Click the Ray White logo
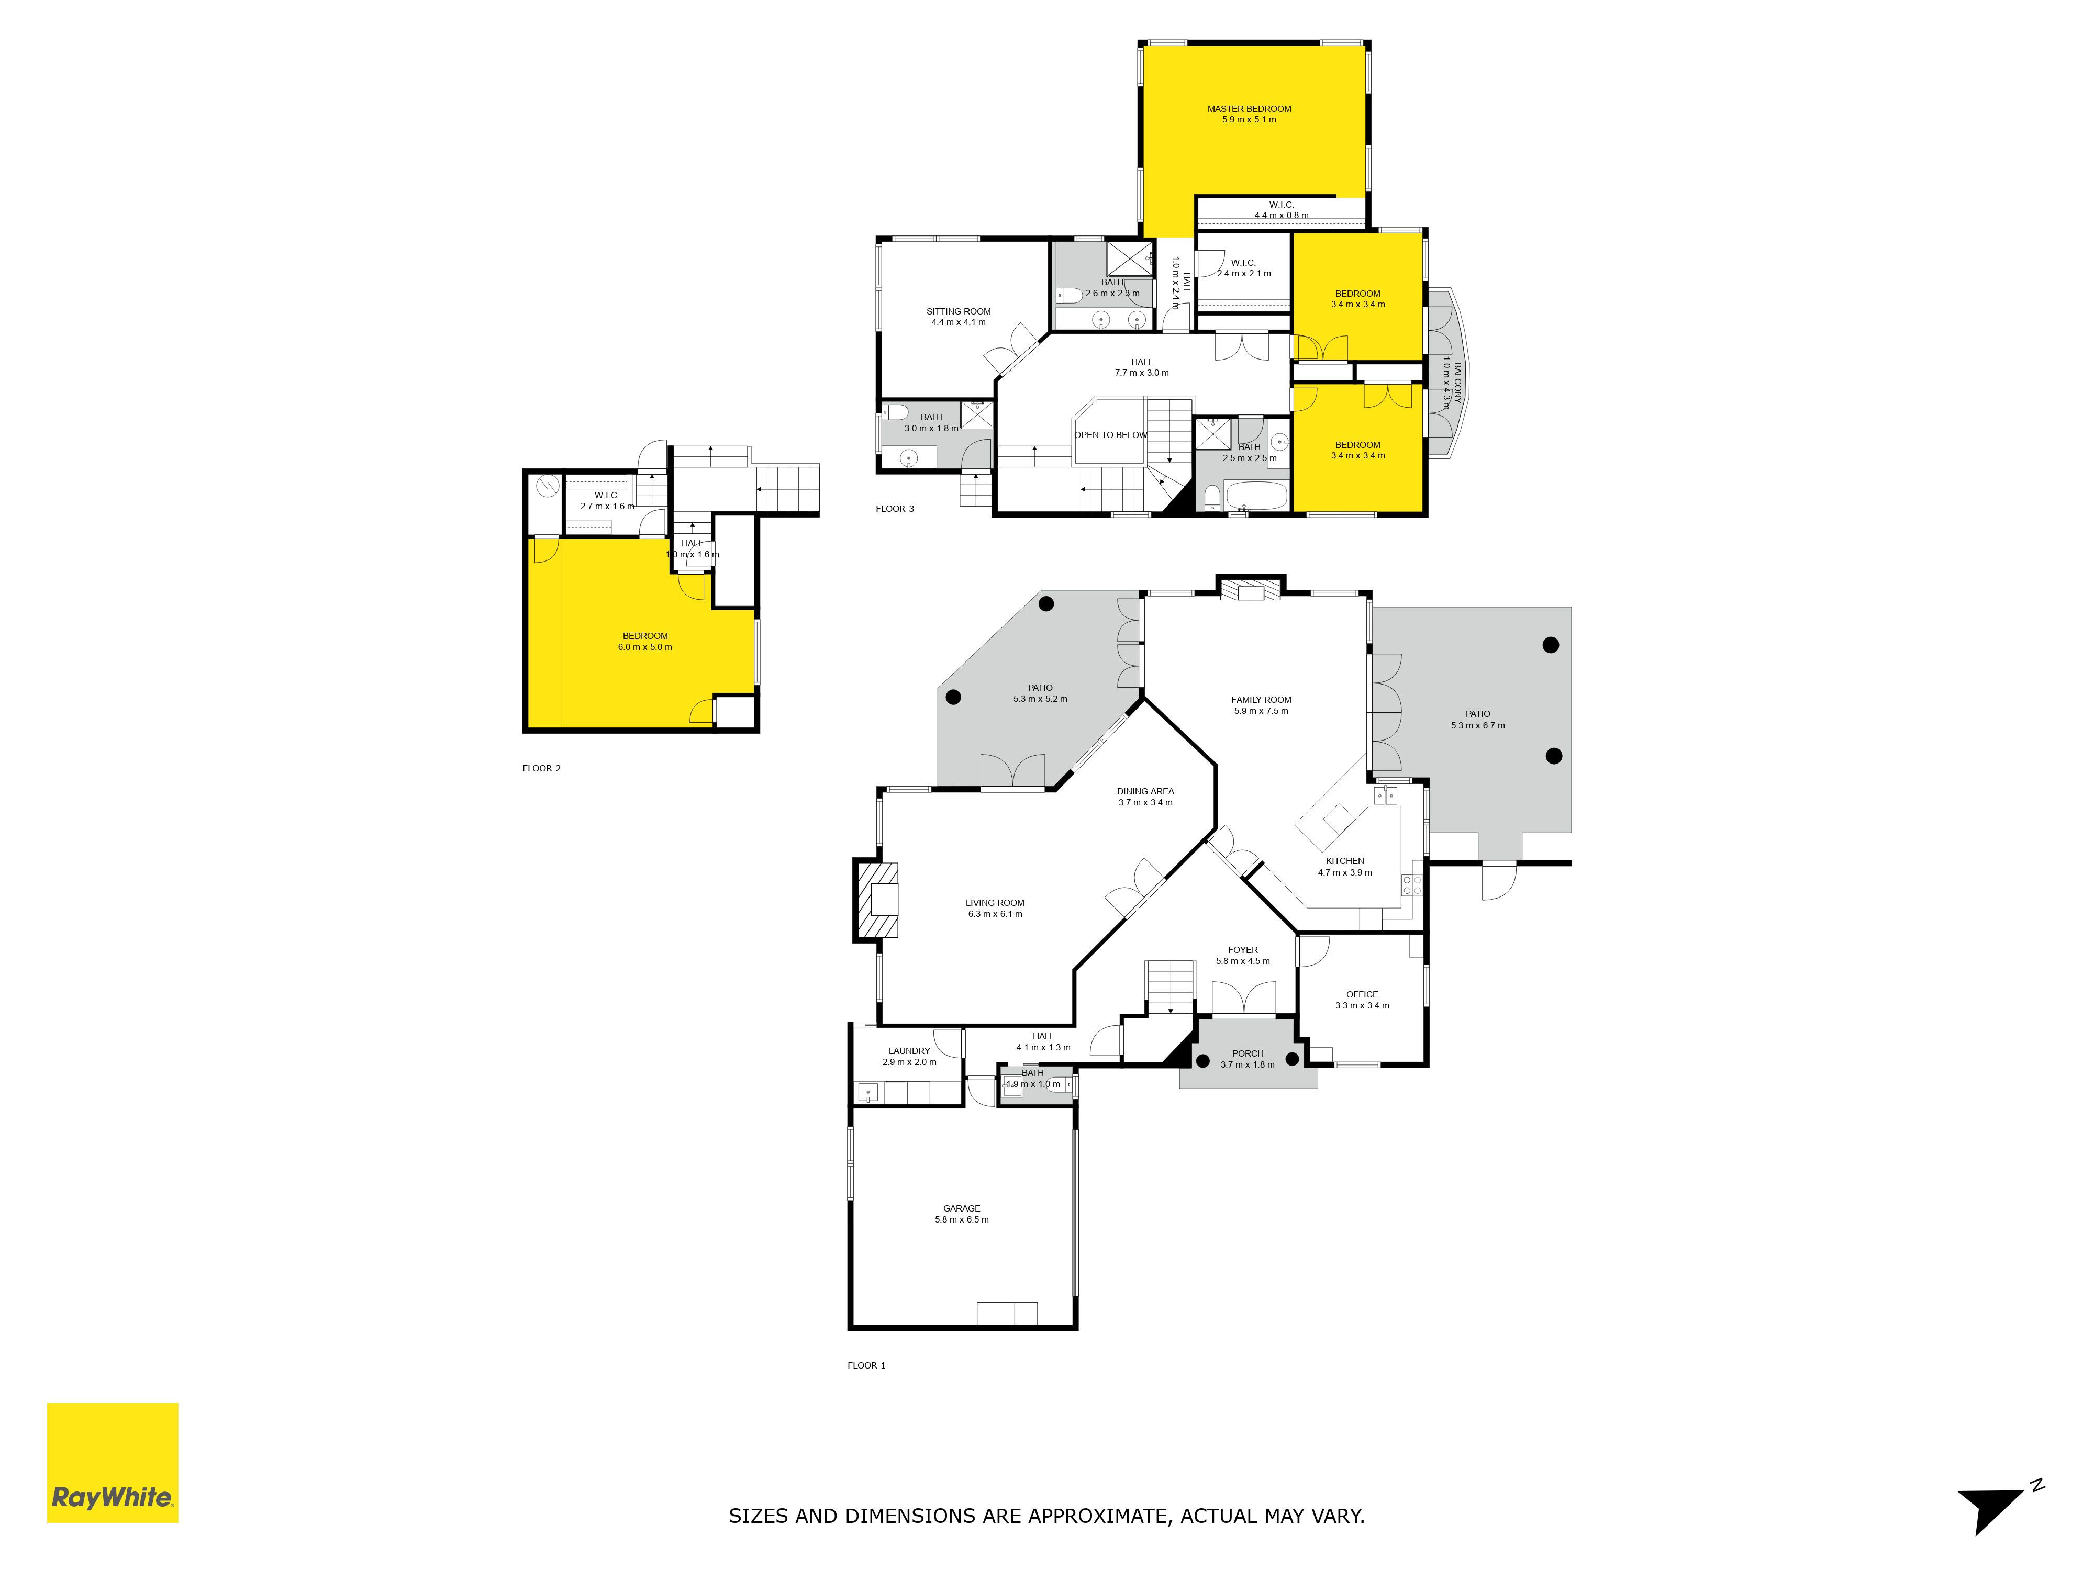[x=113, y=1462]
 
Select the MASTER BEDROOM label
[x=1249, y=109]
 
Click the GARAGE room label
[x=962, y=1208]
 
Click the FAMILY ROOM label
[x=1261, y=700]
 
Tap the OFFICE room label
[x=1362, y=995]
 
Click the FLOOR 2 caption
[x=541, y=768]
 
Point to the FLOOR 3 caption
[x=895, y=509]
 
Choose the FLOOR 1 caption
[x=866, y=1365]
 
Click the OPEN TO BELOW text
[x=1110, y=435]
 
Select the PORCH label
[x=1248, y=1053]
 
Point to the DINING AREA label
[x=1145, y=791]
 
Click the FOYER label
[x=1243, y=950]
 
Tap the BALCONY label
[x=1458, y=383]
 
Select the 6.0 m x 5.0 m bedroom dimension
[x=644, y=647]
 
